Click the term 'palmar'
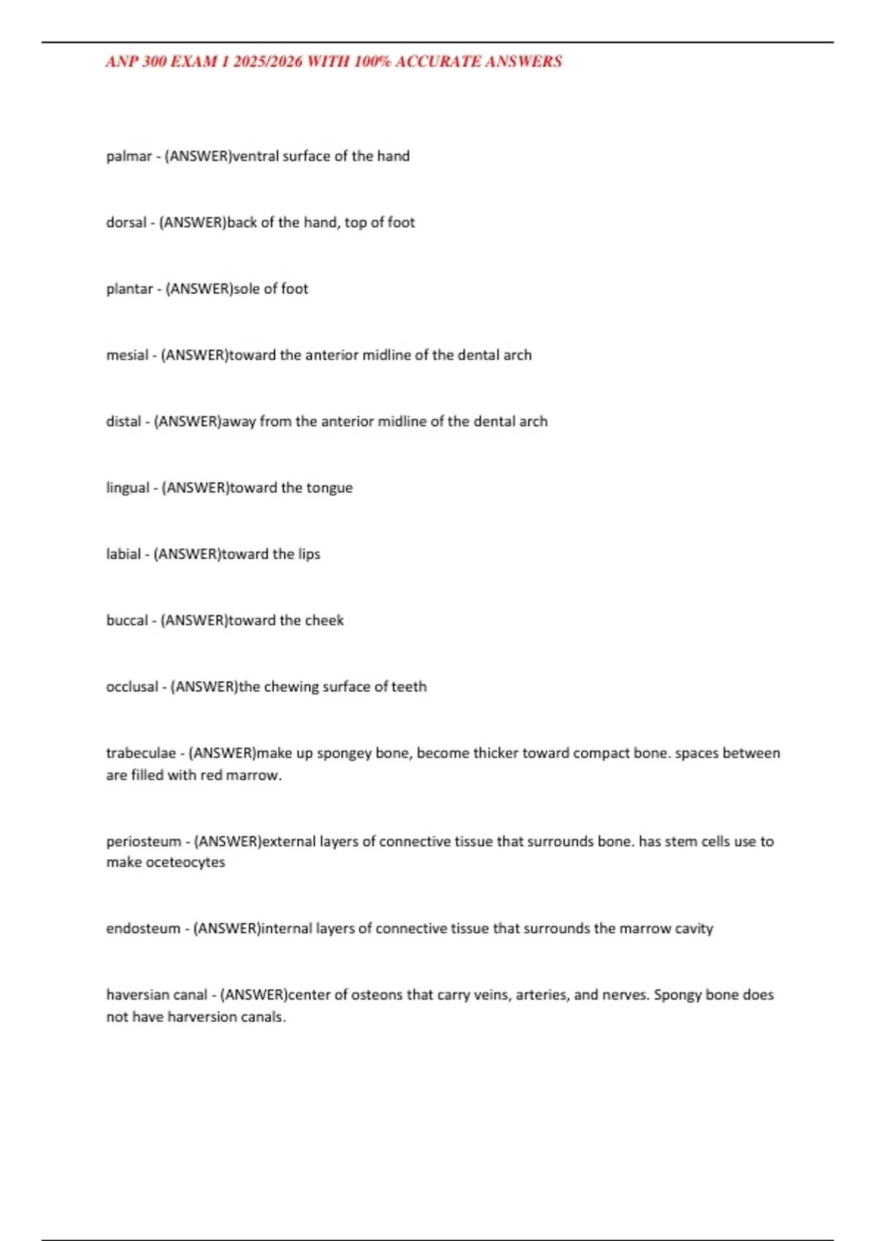[x=128, y=156]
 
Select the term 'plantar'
[x=129, y=289]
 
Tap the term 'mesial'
[x=127, y=356]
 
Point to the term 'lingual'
[x=128, y=488]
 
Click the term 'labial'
[x=123, y=554]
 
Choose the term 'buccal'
[x=127, y=620]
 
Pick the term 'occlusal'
[x=131, y=687]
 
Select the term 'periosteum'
[x=143, y=842]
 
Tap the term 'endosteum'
[x=142, y=929]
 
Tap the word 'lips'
[x=309, y=554]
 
